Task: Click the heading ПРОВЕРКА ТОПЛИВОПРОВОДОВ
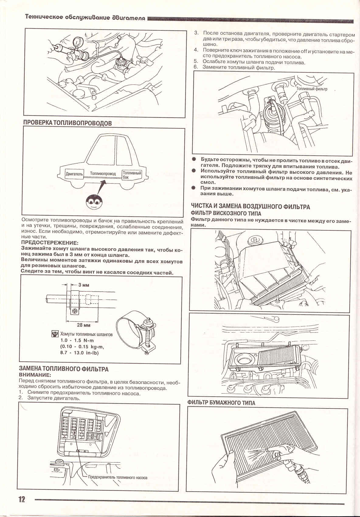tap(67, 123)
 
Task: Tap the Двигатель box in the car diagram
tap(74, 174)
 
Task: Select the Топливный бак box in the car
tap(132, 175)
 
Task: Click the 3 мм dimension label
tap(84, 285)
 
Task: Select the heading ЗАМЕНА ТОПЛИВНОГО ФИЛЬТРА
tap(64, 369)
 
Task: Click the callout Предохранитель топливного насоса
tap(117, 477)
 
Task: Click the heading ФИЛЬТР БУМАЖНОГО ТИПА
tap(221, 403)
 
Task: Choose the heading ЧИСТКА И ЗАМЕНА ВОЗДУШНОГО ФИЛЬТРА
tap(250, 207)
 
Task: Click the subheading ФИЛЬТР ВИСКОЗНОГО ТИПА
tap(226, 213)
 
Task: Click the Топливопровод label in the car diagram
tap(103, 174)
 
